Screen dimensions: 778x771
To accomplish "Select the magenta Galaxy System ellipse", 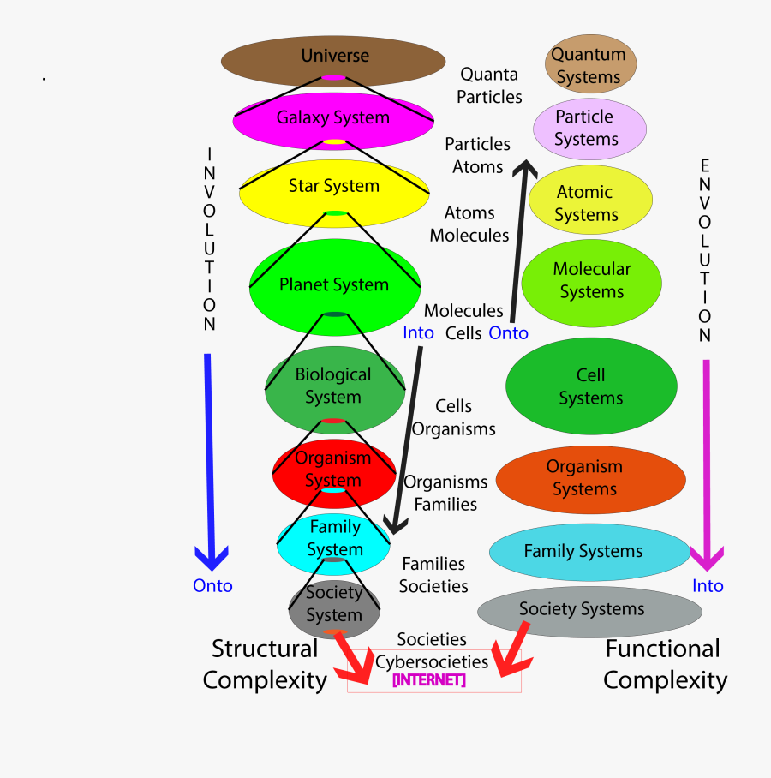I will [333, 118].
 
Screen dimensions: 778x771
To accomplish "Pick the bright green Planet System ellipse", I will [334, 285].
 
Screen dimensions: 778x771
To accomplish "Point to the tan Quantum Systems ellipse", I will [590, 65].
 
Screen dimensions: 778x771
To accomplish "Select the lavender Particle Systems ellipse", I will [587, 128].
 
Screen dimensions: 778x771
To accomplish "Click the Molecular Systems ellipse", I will [591, 281].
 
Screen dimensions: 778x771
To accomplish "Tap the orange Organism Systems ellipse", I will [590, 478].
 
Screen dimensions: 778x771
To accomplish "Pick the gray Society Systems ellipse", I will [589, 610].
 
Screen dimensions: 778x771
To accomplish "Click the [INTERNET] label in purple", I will [429, 680].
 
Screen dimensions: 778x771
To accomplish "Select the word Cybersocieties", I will [432, 661].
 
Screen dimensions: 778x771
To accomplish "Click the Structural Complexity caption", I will [265, 665].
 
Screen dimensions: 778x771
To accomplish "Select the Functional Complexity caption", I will [665, 665].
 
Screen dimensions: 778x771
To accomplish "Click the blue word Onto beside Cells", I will [508, 333].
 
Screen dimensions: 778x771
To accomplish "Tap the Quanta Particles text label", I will [489, 86].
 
